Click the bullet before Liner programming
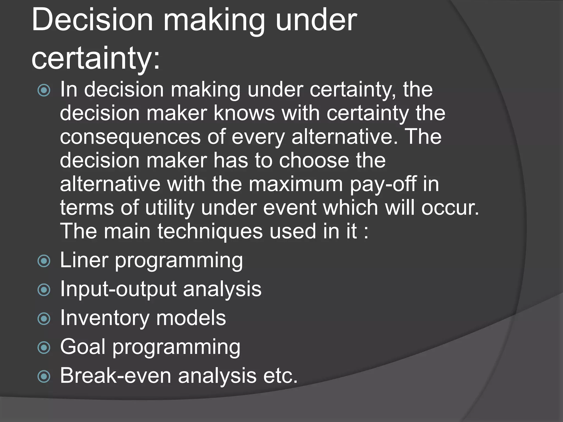point(44,261)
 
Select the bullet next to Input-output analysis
point(44,290)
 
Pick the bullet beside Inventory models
point(44,319)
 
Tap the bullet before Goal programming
point(44,348)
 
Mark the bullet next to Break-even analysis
point(44,377)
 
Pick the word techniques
point(210,231)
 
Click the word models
point(191,318)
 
